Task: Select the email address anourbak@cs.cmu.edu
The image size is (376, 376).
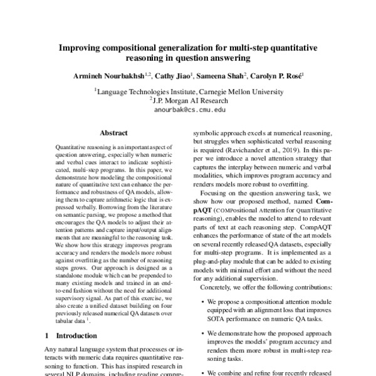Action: click(x=188, y=108)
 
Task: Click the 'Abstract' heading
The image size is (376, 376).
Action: click(x=113, y=133)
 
